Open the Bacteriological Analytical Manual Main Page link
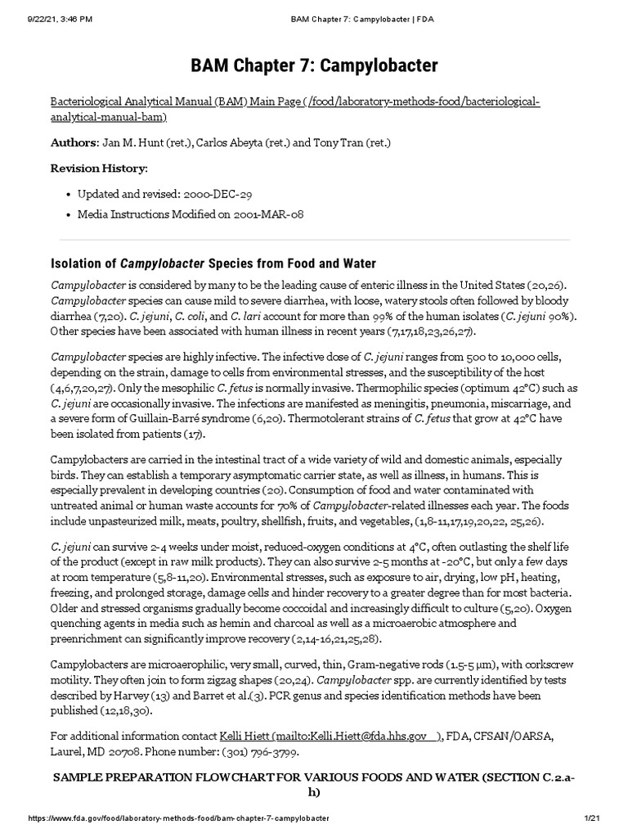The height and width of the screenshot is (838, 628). pos(294,109)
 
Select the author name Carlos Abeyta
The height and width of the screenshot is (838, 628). pos(220,142)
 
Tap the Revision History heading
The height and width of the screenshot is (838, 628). pos(100,168)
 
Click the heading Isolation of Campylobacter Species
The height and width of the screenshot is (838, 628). pos(213,264)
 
